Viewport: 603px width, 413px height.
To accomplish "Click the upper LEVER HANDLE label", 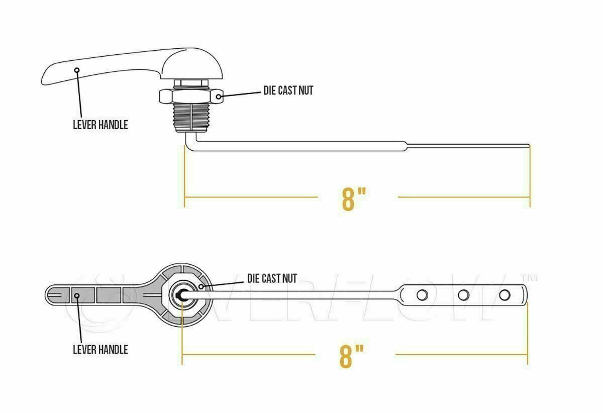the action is click(x=100, y=125).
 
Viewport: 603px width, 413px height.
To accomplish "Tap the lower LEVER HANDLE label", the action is click(x=100, y=349).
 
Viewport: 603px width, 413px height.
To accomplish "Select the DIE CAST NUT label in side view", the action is click(x=288, y=90).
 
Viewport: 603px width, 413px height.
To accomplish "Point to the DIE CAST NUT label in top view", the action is click(x=272, y=278).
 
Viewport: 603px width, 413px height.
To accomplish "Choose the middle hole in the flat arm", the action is click(x=464, y=294).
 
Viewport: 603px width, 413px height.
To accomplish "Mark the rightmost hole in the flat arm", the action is click(x=504, y=293).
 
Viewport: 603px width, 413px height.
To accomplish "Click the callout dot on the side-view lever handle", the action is click(x=77, y=70).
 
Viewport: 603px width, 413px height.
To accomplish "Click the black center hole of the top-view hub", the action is click(x=180, y=295).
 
